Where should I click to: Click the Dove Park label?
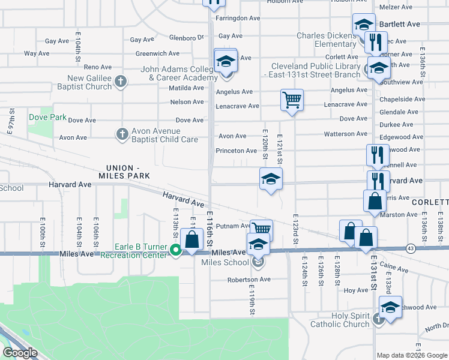tap(47, 117)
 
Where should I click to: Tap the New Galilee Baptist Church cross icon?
tap(121, 82)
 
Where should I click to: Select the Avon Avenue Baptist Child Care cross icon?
tap(122, 134)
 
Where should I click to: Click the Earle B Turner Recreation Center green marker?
tap(176, 250)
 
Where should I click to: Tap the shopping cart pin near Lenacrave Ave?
tap(292, 100)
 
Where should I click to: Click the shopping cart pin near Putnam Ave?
tap(261, 229)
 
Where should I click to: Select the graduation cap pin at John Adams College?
tap(226, 62)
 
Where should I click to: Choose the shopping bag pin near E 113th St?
tap(191, 241)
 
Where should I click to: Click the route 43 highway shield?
tap(411, 248)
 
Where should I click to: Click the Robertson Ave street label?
tap(249, 280)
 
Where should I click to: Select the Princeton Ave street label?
tap(237, 151)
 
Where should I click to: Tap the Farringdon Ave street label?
tap(238, 19)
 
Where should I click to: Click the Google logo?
tap(20, 353)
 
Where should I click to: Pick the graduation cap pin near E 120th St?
tap(271, 178)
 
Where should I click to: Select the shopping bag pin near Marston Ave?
tap(374, 202)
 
